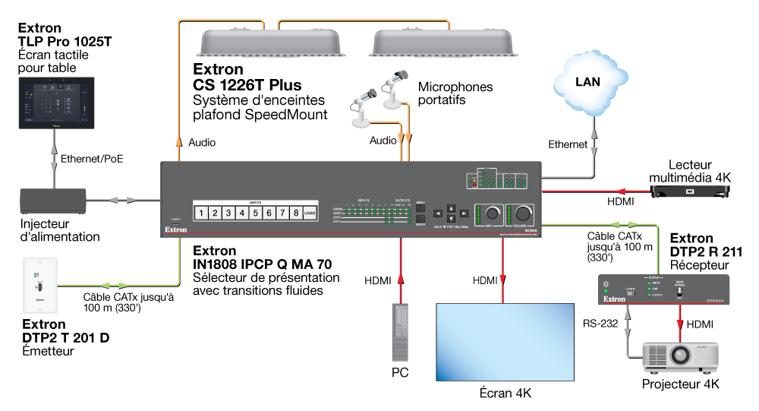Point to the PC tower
click(401, 332)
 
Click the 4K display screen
click(505, 341)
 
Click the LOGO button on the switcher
click(309, 213)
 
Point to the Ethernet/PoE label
click(92, 159)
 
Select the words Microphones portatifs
click(455, 93)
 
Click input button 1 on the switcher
click(202, 213)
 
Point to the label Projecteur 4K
click(680, 384)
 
